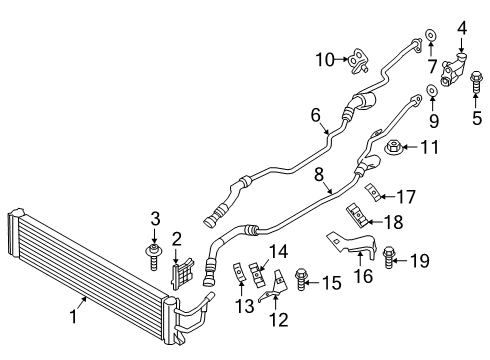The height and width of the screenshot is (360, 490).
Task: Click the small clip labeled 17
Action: pos(373,193)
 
